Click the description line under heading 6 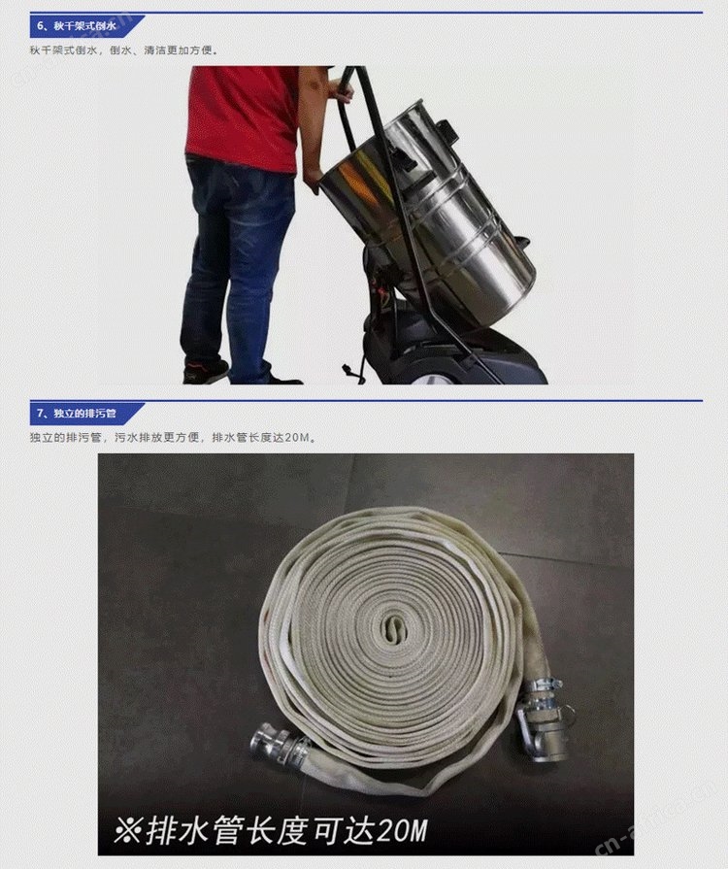pos(123,50)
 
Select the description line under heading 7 pos(174,438)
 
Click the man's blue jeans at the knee pos(244,266)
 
